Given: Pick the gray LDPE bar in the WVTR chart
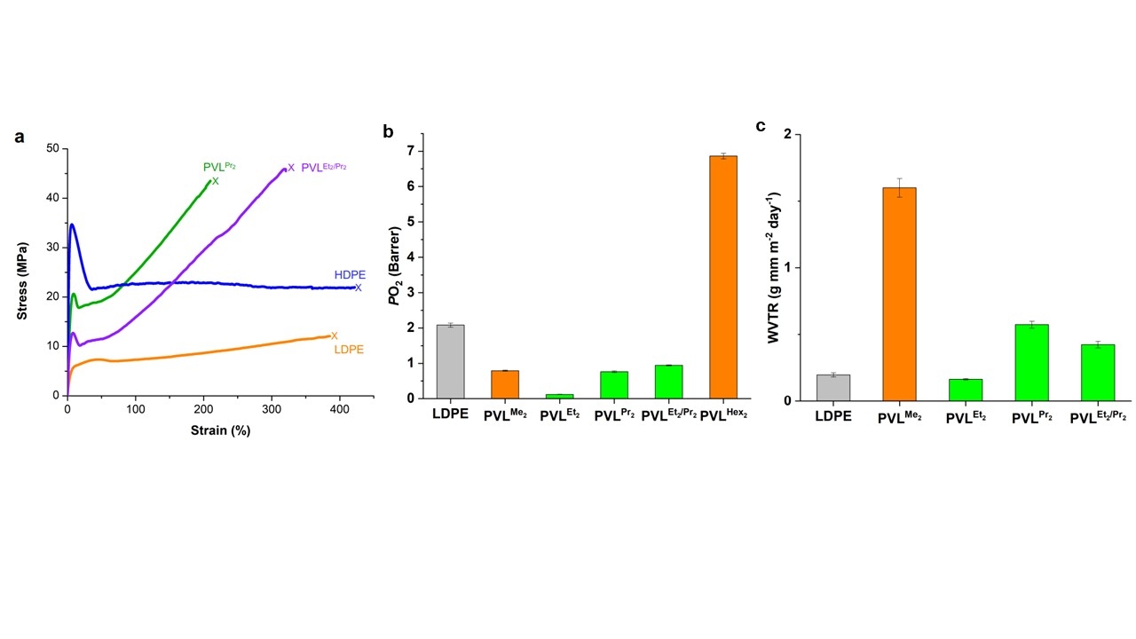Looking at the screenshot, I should pos(833,388).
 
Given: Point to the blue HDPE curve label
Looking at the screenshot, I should pos(350,275).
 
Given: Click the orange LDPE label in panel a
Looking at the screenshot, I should pos(349,350).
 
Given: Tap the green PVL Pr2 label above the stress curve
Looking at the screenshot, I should pos(219,166).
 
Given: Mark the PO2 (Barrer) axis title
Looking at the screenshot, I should pos(397,266).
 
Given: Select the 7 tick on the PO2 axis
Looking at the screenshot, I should pos(410,151).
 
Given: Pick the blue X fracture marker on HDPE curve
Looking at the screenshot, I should pos(359,288).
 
